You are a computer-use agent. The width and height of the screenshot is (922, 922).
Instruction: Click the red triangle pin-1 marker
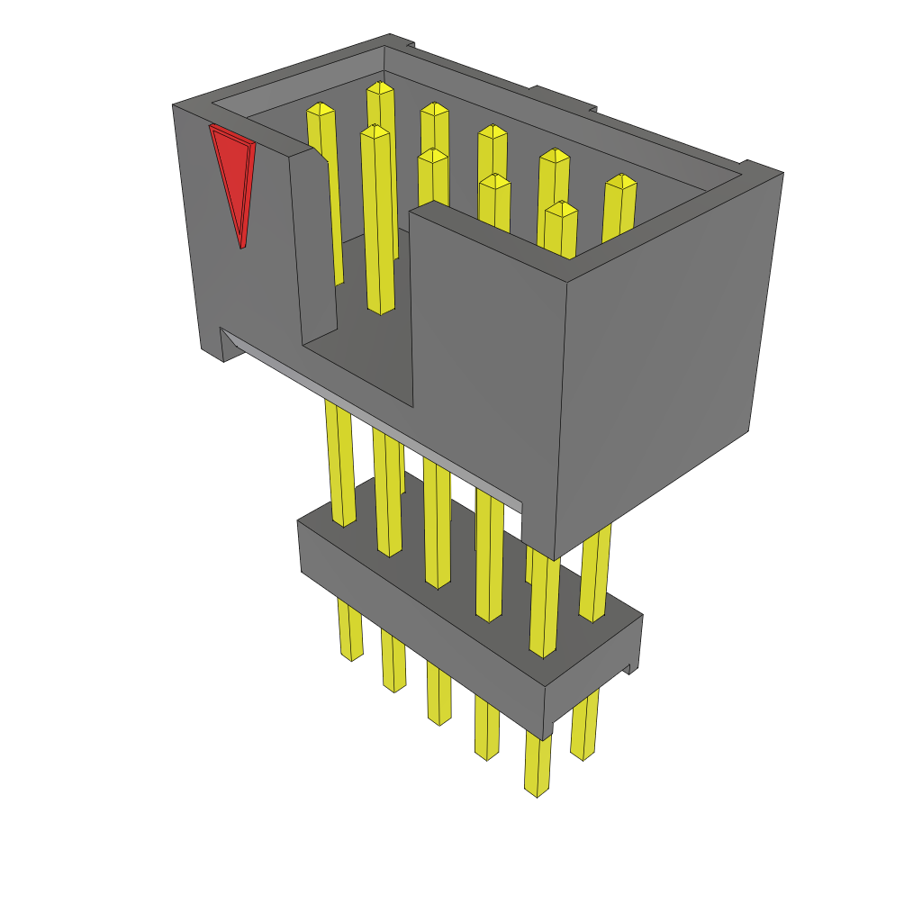tap(233, 176)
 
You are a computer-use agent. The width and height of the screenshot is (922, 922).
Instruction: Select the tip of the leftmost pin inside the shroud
tap(321, 109)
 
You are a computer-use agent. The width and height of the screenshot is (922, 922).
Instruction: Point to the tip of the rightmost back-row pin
tap(619, 181)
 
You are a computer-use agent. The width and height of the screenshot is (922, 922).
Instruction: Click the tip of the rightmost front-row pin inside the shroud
tap(561, 210)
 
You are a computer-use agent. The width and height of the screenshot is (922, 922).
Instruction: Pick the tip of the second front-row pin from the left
tap(433, 156)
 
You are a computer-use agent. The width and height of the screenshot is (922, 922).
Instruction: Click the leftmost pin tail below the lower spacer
tap(349, 630)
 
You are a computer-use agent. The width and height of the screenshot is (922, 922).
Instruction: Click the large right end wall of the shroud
tap(666, 360)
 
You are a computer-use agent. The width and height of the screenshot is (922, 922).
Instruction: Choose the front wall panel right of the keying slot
tap(486, 360)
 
